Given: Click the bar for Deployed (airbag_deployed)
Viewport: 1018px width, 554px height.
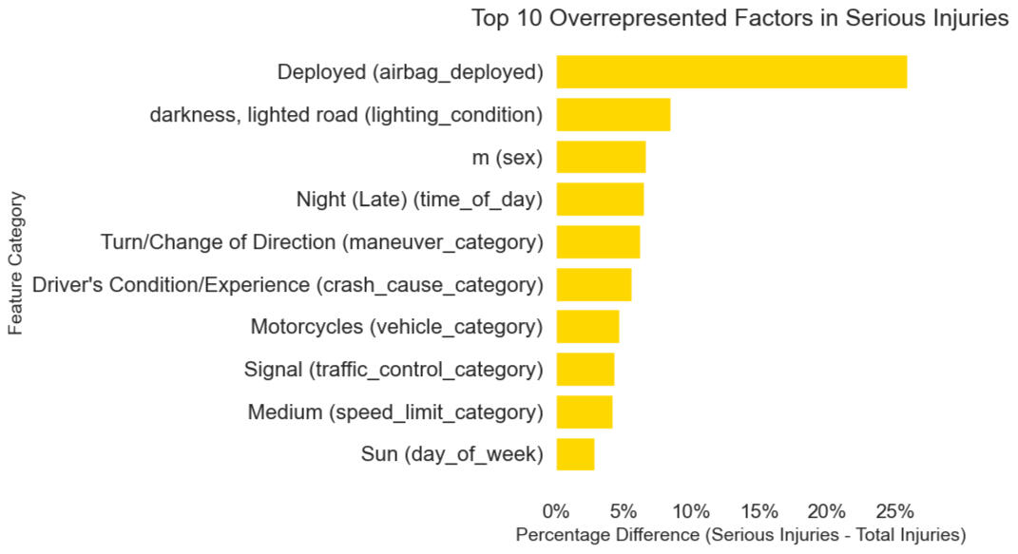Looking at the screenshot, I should point(731,72).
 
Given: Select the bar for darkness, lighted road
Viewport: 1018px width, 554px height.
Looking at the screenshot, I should point(613,115).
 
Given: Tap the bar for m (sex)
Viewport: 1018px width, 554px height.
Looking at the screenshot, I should point(601,157).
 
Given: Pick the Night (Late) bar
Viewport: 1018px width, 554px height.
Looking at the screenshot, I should point(600,200).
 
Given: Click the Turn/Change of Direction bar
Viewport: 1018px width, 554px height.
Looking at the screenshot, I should point(598,242).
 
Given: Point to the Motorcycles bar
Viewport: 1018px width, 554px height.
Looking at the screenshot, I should point(587,327).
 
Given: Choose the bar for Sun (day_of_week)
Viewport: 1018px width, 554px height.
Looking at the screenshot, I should point(575,454).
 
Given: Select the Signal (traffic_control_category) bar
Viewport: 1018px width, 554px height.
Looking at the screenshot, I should point(585,370).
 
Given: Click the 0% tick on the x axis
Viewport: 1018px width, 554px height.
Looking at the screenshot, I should point(556,508).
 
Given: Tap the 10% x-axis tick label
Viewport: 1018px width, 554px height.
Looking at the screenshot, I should point(691,508).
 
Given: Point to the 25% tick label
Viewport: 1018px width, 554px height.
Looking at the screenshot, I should point(894,508).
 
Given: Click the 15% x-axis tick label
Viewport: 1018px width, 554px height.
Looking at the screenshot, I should point(759,508).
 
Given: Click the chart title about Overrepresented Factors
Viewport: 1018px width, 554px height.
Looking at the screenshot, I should point(739,18).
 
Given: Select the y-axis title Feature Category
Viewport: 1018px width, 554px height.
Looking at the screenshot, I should point(15,263).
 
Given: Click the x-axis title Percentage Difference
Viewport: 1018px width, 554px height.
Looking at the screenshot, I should point(740,534).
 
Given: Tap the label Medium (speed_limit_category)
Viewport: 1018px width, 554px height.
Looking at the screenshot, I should point(395,412).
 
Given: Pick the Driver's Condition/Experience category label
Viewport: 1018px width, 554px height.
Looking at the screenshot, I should point(287,284).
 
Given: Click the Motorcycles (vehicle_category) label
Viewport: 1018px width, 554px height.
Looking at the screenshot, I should point(396,327).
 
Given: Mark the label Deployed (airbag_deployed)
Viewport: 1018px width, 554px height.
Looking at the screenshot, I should point(410,72).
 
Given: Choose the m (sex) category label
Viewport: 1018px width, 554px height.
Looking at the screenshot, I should point(507,157).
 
